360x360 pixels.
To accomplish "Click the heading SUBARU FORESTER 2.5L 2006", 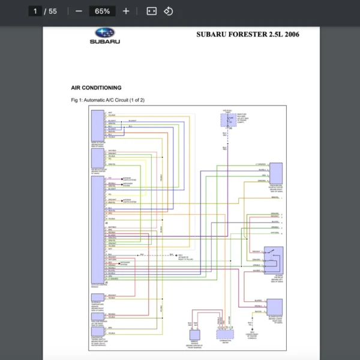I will (248, 34).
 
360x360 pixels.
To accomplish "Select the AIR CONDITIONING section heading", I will (96, 88).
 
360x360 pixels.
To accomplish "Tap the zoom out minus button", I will (79, 11).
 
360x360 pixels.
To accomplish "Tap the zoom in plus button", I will (125, 11).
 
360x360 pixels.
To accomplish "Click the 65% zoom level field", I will (102, 11).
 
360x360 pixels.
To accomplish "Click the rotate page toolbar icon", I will (169, 11).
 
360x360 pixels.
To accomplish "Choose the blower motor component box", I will (275, 307).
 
